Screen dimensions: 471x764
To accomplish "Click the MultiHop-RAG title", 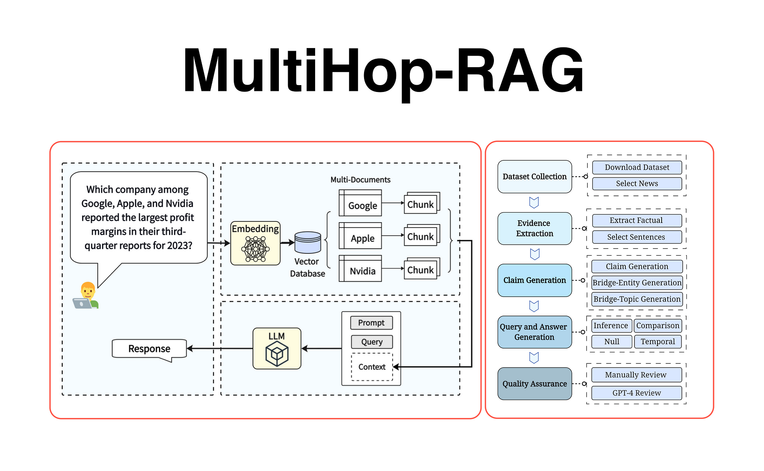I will coord(383,71).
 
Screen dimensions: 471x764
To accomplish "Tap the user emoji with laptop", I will coord(86,296).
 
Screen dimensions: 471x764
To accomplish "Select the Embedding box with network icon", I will coord(256,244).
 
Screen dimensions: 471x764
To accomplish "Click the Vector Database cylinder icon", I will coord(308,243).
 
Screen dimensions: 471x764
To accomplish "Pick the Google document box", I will coord(361,203).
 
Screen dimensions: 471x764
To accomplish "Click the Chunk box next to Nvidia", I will coord(421,269).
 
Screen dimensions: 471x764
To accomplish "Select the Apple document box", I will coord(361,236).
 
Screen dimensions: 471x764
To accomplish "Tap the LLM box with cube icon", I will coord(277,348).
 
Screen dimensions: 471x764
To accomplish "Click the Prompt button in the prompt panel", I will coord(371,323).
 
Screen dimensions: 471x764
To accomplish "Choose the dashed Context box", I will coord(372,367).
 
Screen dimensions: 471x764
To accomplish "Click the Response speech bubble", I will coord(149,349).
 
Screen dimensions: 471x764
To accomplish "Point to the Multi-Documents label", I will coord(360,180).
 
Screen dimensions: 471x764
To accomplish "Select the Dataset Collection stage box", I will coord(534,177).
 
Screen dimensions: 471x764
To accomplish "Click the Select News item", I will coord(637,184).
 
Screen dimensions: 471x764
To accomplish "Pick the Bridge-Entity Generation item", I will coord(637,283).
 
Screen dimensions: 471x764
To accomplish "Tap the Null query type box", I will coord(612,342).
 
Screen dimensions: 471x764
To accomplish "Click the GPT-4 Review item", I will coord(636,393).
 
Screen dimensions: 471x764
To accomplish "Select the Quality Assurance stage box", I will coord(534,384).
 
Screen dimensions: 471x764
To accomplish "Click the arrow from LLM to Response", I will coord(220,348).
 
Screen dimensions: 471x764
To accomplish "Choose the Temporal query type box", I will coord(657,342).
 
